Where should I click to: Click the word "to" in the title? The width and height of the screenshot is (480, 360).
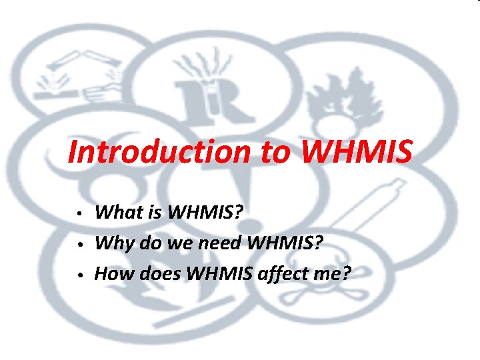point(271,153)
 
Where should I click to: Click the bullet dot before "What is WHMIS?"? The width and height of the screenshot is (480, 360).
point(79,215)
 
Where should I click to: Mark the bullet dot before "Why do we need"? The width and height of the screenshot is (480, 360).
point(79,245)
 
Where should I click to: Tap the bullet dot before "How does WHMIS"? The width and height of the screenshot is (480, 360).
point(79,275)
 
